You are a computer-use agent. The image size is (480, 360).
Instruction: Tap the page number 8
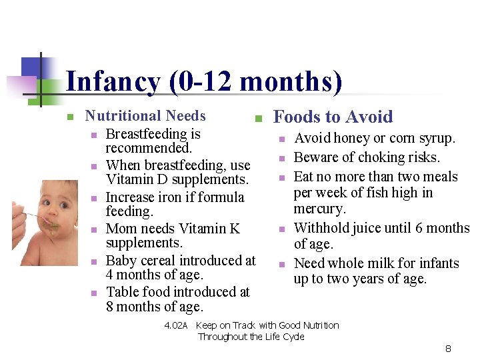coord(448,349)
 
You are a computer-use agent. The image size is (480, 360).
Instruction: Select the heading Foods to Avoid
coord(333,117)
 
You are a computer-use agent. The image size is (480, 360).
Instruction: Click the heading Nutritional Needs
coord(145,116)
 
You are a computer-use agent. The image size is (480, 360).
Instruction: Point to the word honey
coord(352,139)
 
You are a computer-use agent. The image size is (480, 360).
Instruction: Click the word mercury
coord(319,209)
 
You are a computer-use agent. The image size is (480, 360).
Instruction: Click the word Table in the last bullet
coord(122,292)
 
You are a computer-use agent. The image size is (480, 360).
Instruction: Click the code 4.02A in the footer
coord(177,326)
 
